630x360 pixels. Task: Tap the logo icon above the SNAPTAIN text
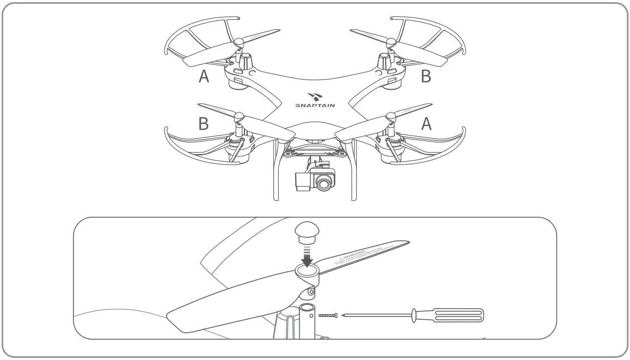coord(314,95)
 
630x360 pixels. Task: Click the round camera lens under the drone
coord(325,184)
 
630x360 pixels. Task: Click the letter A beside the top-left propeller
coord(204,77)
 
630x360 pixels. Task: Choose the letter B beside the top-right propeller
coord(426,77)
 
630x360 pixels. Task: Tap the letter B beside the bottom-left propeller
coord(203,124)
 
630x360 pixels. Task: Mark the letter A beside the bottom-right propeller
coord(427,124)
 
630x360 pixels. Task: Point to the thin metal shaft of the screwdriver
coord(376,315)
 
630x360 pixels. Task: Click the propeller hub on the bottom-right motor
coord(390,115)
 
